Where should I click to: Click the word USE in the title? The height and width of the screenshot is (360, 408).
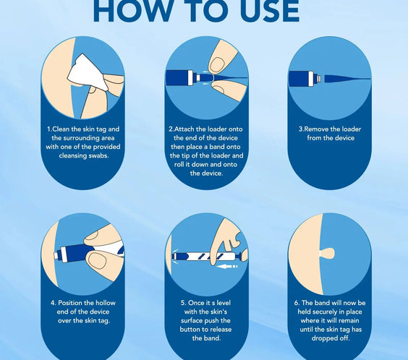pyautogui.click(x=270, y=12)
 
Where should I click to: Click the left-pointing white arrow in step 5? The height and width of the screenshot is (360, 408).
pyautogui.click(x=228, y=267)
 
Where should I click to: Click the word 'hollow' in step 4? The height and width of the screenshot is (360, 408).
pyautogui.click(x=106, y=303)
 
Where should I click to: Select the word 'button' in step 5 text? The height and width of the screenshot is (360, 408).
pyautogui.click(x=190, y=330)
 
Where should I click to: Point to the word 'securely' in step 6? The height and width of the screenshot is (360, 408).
pyautogui.click(x=324, y=312)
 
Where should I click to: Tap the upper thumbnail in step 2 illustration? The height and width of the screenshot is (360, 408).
pyautogui.click(x=217, y=64)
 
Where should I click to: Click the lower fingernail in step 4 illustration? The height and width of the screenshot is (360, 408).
pyautogui.click(x=97, y=261)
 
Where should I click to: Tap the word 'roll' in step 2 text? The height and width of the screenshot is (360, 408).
pyautogui.click(x=179, y=165)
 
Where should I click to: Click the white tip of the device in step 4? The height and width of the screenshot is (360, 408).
pyautogui.click(x=56, y=256)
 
